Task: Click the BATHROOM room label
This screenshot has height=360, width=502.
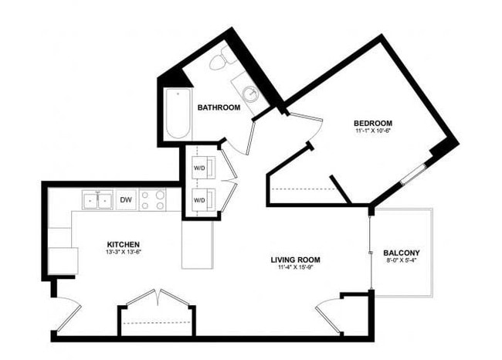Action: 219,107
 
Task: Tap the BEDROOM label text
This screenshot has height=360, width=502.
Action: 373,123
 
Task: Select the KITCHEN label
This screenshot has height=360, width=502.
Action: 124,243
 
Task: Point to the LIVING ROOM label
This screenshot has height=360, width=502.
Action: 295,260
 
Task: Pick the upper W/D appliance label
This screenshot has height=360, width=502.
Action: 199,168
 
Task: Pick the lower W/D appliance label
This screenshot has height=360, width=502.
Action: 199,200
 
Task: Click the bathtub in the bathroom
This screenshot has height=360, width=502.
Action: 177,115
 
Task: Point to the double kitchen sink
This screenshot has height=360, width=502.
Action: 97,200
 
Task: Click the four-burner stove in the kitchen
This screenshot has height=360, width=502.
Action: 154,200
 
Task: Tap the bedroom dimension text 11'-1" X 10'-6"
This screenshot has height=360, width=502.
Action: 373,132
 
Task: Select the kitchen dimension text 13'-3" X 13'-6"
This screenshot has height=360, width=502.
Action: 124,253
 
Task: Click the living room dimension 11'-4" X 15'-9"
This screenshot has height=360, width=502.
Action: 295,269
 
